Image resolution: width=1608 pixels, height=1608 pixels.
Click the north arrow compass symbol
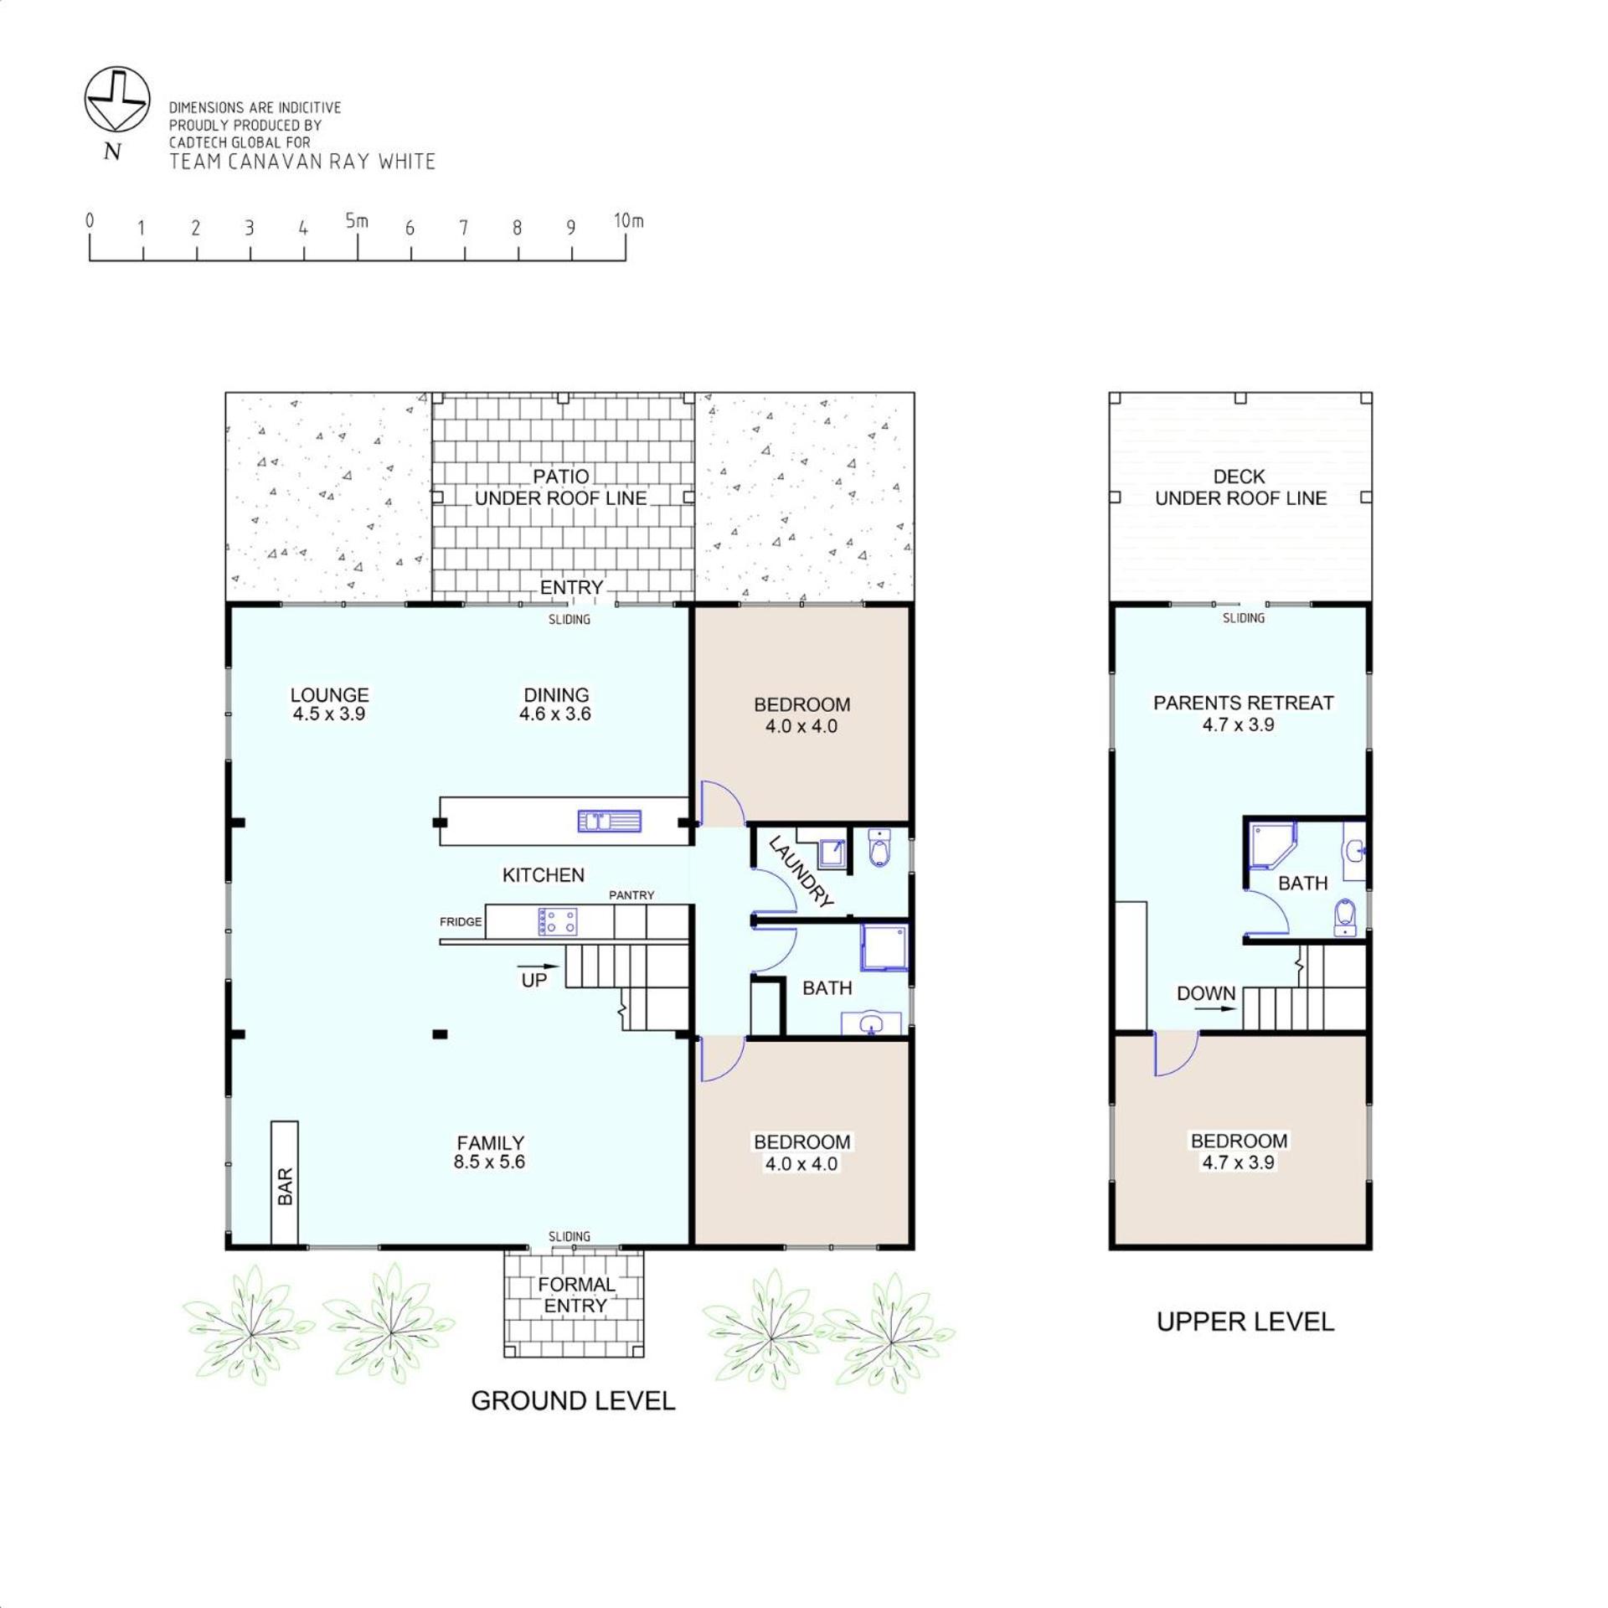(x=117, y=100)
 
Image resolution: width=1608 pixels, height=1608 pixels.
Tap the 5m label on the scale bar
(x=357, y=221)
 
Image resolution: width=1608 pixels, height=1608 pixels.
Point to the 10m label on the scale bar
(x=628, y=221)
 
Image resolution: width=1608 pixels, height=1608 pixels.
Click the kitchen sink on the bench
(x=609, y=821)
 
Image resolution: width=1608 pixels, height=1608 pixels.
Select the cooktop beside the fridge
(x=557, y=922)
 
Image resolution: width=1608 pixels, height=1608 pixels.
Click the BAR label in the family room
(x=285, y=1186)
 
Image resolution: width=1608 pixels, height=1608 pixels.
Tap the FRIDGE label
(x=461, y=922)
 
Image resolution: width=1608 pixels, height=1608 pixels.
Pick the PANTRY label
(x=631, y=895)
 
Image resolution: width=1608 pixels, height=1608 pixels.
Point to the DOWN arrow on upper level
(x=1215, y=1009)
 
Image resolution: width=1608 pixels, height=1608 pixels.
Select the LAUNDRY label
(x=801, y=872)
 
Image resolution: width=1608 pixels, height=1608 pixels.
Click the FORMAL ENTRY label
(x=576, y=1295)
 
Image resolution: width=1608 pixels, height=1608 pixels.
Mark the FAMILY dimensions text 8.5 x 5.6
(x=489, y=1162)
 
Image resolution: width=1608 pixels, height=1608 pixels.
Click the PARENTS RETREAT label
(x=1243, y=703)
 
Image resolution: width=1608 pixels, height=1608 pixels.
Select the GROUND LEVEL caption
(x=573, y=1401)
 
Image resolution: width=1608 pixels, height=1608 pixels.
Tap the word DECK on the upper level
(x=1239, y=477)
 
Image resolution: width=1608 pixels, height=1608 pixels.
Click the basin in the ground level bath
(x=871, y=1023)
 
